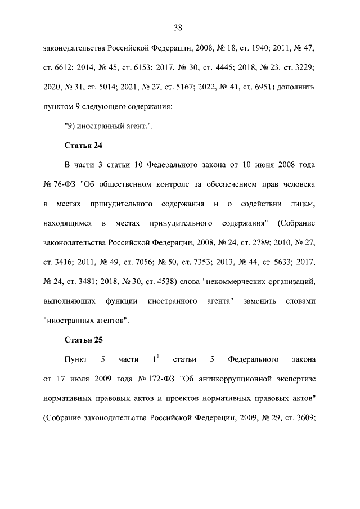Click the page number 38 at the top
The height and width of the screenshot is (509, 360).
[x=179, y=28]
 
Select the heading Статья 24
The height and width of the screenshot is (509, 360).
[x=83, y=146]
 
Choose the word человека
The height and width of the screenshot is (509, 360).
[x=296, y=184]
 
